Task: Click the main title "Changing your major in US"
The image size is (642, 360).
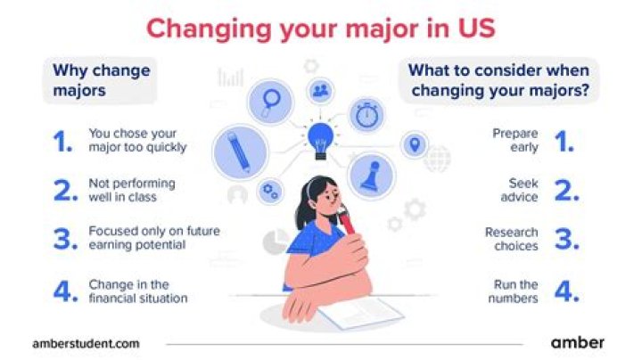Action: (321, 27)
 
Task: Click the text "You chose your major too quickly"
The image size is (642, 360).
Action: (137, 140)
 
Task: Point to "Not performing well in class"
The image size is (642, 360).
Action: (132, 190)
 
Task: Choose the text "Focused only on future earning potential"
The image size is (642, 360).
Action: (153, 238)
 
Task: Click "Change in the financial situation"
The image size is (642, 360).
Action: (137, 291)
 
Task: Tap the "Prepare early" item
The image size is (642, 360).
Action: (515, 140)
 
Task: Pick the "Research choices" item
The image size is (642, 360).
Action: (512, 238)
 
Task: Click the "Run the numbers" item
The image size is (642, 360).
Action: (514, 291)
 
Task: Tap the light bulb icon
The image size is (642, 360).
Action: (320, 140)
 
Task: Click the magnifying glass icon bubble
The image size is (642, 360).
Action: (268, 100)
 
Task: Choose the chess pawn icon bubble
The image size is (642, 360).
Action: (370, 176)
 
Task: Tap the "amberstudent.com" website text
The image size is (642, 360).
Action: (85, 342)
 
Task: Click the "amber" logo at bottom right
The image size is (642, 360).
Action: (577, 341)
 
